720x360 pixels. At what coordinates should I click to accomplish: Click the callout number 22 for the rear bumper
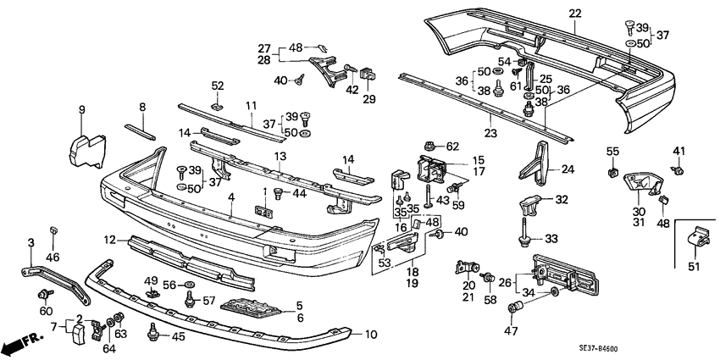[x=576, y=13]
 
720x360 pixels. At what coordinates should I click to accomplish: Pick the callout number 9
[x=82, y=109]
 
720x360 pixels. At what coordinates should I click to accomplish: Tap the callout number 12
[x=110, y=240]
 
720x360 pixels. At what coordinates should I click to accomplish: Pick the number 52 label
[x=218, y=86]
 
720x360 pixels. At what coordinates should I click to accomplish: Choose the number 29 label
[x=368, y=101]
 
